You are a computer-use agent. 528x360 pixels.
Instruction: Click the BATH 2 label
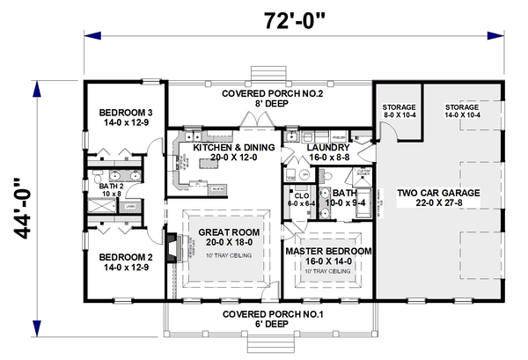click(110, 186)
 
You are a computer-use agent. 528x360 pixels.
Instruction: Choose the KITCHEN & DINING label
click(234, 147)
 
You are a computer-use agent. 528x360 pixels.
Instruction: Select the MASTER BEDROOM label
click(329, 251)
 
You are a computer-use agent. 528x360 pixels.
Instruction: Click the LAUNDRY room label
click(327, 147)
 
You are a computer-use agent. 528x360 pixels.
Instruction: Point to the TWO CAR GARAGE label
click(436, 192)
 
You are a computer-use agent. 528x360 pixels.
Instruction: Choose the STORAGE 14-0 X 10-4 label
click(461, 106)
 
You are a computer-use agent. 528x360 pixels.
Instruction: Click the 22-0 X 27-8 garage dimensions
click(436, 204)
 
